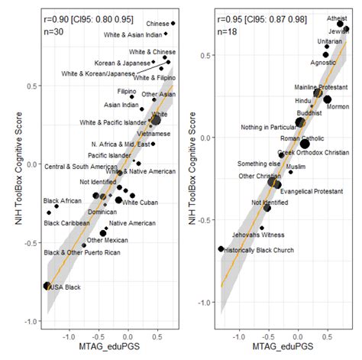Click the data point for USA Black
tap(47, 285)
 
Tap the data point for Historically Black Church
tap(221, 248)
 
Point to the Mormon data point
tap(327, 99)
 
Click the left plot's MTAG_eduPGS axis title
tap(107, 351)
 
